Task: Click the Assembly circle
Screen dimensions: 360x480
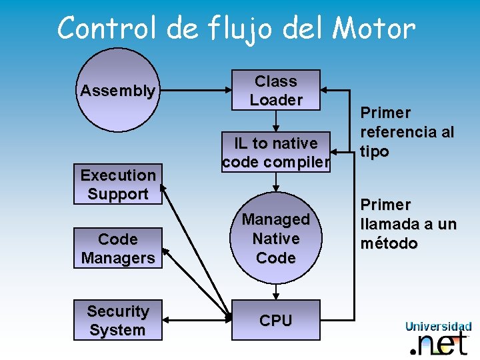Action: [118, 90]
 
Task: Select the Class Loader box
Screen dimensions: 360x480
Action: [276, 90]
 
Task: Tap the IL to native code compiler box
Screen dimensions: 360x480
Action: [276, 152]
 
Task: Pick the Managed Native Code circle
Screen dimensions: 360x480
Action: [276, 238]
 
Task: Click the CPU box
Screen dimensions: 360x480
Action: [276, 321]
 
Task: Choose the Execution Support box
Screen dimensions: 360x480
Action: [118, 185]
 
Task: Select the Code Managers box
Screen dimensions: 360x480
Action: [118, 248]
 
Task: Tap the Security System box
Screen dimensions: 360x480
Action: [118, 320]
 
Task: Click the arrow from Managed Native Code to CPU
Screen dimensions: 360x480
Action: [276, 292]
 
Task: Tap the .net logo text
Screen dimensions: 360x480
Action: [439, 343]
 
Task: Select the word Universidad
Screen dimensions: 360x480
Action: [438, 326]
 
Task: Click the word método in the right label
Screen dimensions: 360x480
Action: [389, 243]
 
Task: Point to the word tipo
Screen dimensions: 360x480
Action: [375, 151]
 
